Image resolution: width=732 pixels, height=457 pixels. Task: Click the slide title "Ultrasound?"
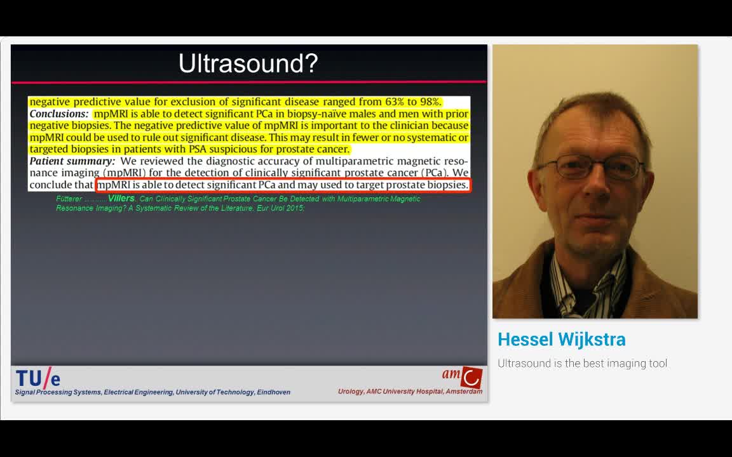248,63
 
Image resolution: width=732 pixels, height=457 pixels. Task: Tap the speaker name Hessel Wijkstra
562,340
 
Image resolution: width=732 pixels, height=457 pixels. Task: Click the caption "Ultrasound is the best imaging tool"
582,364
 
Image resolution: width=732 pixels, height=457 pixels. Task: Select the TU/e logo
38,378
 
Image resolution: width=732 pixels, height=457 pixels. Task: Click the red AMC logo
471,376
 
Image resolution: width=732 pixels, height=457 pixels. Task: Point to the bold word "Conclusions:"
59,114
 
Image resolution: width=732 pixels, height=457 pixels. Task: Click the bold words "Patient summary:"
72,161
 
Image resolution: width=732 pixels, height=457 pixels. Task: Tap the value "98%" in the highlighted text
430,102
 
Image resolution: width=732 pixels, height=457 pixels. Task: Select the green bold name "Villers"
121,199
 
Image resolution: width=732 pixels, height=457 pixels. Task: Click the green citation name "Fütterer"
69,199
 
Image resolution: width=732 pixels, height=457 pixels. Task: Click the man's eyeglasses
589,167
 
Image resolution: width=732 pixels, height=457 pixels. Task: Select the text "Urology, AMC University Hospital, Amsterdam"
410,392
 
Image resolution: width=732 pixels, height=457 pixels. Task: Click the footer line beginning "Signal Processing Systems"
152,392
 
